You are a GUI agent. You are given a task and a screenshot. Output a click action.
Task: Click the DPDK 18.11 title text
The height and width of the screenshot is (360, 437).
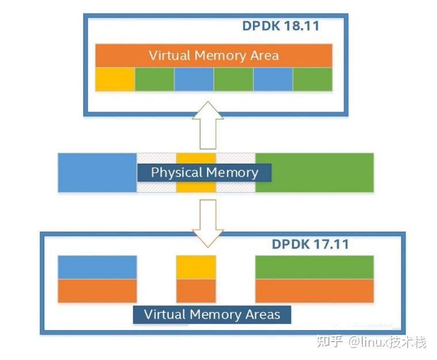(281, 26)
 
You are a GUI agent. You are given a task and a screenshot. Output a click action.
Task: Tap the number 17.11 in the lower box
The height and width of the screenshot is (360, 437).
(331, 244)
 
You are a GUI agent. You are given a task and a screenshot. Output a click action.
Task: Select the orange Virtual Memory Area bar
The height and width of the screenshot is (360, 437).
(214, 55)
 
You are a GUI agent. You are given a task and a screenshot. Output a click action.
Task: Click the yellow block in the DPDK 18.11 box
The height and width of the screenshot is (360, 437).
(115, 79)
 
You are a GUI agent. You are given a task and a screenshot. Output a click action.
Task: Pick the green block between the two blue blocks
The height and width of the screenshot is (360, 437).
(233, 79)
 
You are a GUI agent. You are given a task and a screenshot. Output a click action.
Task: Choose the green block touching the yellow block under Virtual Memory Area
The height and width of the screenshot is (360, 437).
(155, 79)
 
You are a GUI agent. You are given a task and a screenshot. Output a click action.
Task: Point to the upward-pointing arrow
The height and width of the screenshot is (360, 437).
(208, 125)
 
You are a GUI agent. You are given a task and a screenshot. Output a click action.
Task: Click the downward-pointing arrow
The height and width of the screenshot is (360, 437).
(208, 224)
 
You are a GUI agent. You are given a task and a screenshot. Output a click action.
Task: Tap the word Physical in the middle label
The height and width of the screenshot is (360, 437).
(177, 173)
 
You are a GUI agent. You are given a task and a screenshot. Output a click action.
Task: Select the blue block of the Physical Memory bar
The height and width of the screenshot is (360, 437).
(97, 173)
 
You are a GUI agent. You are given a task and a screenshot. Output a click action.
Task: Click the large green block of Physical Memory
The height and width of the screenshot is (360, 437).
(315, 173)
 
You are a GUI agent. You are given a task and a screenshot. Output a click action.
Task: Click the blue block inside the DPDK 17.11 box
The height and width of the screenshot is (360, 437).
(97, 267)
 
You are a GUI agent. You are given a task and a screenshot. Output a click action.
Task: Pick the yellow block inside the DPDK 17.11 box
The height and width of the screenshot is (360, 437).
(196, 267)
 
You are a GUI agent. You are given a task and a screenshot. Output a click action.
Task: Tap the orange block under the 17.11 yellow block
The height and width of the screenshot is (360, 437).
(196, 290)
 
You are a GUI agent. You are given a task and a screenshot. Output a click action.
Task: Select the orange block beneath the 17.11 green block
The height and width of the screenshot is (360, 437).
(315, 290)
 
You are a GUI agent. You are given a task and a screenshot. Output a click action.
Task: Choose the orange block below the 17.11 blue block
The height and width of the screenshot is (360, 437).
(97, 290)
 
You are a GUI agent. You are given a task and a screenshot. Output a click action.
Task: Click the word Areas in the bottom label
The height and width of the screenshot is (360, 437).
(263, 315)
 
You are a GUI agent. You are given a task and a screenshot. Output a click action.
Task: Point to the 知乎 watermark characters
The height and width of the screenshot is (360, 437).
(329, 342)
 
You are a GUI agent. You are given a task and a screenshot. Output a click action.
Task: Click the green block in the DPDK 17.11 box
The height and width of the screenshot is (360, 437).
(315, 267)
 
